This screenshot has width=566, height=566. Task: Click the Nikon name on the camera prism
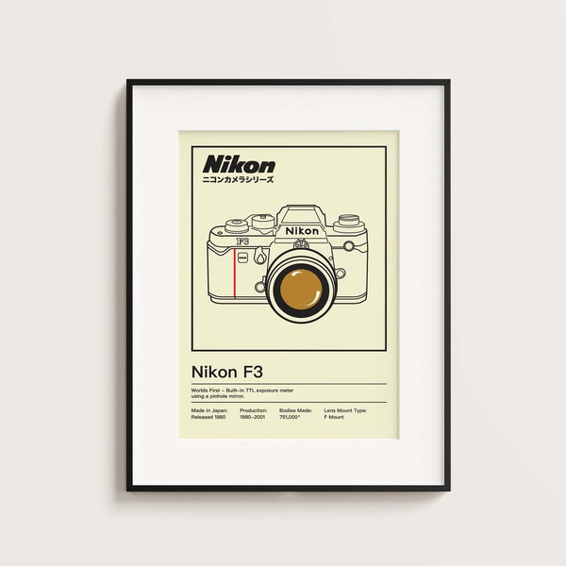click(x=302, y=230)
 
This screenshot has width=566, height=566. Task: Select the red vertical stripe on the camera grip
click(x=232, y=274)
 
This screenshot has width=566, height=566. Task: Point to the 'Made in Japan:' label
click(x=209, y=411)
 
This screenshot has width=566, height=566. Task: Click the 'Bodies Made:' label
click(x=292, y=411)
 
